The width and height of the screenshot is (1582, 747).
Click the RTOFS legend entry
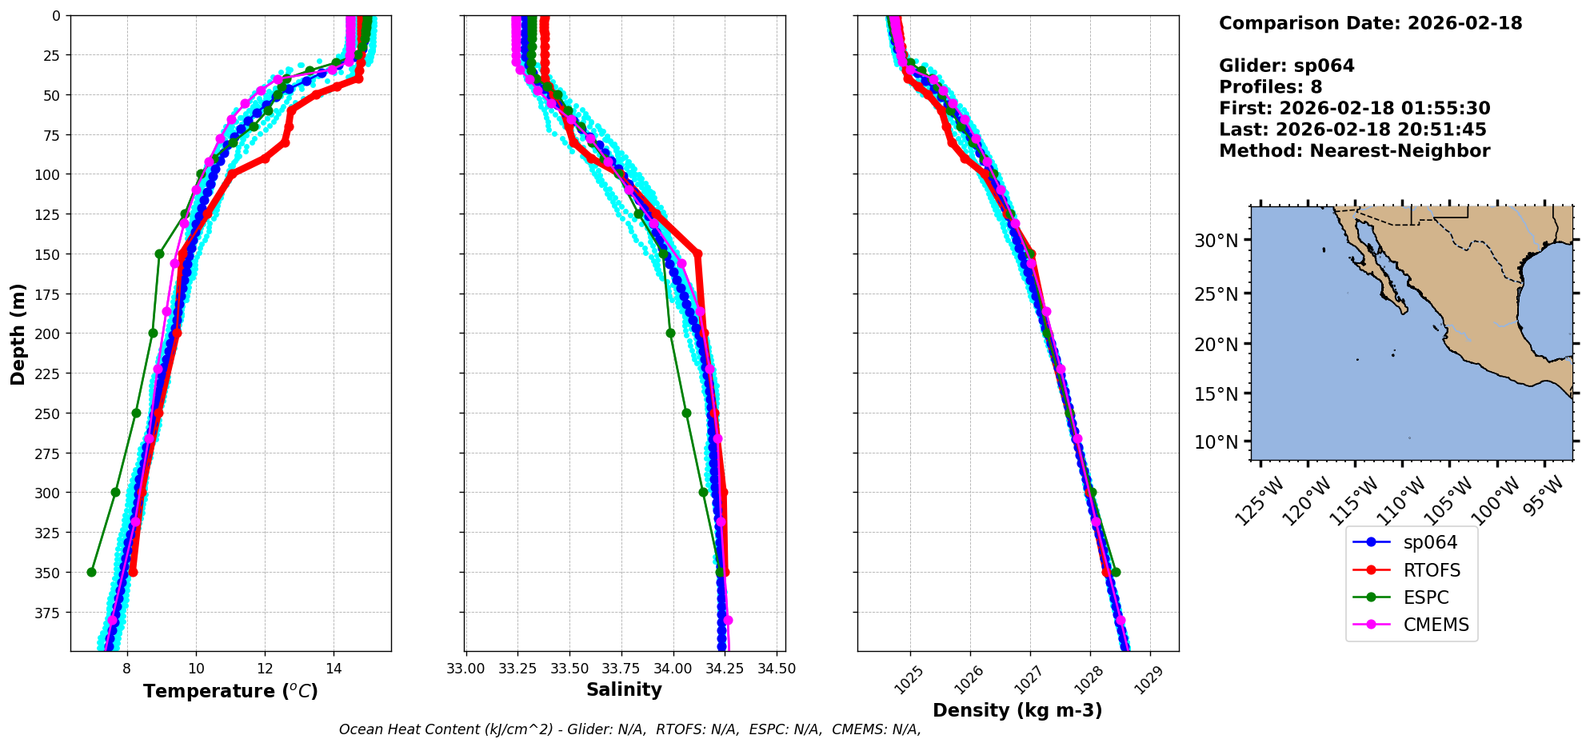pyautogui.click(x=1431, y=570)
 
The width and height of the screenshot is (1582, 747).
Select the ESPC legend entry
pyautogui.click(x=1425, y=597)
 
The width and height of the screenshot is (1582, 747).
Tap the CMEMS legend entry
pyautogui.click(x=1436, y=625)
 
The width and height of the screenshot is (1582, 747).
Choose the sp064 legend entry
pyautogui.click(x=1430, y=542)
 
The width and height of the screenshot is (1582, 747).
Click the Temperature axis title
pyautogui.click(x=230, y=691)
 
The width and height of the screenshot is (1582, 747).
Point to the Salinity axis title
pyautogui.click(x=624, y=689)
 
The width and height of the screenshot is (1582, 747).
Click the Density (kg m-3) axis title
pyautogui.click(x=1017, y=710)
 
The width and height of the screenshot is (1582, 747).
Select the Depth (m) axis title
pyautogui.click(x=18, y=334)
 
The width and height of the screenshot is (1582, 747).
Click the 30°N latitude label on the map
pyautogui.click(x=1216, y=241)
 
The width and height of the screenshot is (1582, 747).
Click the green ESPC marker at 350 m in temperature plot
pyautogui.click(x=91, y=572)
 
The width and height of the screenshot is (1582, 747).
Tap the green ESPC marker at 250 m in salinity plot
pyautogui.click(x=686, y=413)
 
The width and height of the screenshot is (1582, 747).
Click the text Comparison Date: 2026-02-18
pyautogui.click(x=1370, y=23)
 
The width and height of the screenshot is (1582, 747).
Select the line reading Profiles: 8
pyautogui.click(x=1270, y=87)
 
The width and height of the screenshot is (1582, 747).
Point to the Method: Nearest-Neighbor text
pyautogui.click(x=1354, y=151)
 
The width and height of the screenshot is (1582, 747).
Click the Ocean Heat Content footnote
pyautogui.click(x=629, y=729)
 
